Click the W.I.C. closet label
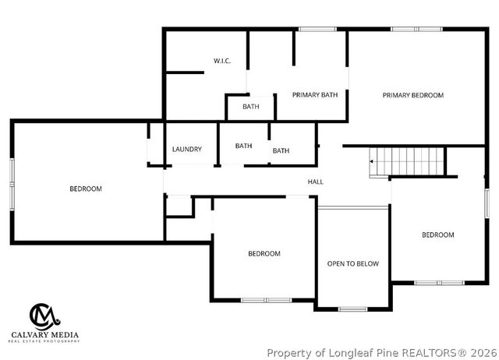point(222,61)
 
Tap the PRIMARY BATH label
point(315,95)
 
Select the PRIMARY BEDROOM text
point(412,95)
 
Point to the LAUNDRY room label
point(187,149)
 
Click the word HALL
point(315,182)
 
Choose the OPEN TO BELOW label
point(352,263)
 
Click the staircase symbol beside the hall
point(407,162)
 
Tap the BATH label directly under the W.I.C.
point(250,107)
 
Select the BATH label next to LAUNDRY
point(244,146)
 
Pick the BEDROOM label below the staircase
point(437,235)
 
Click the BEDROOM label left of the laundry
point(86,189)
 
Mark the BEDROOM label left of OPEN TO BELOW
point(264,253)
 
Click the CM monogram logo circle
point(45,316)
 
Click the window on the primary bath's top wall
point(312,30)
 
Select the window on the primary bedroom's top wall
point(406,30)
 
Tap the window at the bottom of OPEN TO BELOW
point(352,309)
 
